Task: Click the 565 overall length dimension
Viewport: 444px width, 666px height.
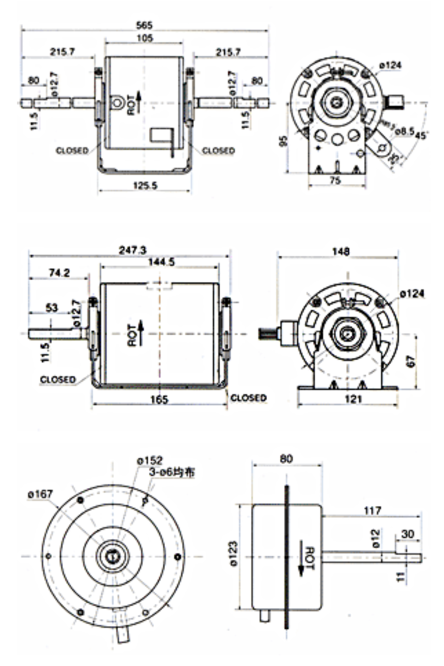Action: [144, 25]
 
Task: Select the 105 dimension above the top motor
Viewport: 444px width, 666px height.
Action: [144, 38]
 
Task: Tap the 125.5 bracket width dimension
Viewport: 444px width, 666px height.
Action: [145, 185]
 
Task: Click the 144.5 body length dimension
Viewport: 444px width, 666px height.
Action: [161, 262]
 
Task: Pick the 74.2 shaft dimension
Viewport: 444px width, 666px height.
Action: [59, 273]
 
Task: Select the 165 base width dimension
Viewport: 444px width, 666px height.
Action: [159, 399]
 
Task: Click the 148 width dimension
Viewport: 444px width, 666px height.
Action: [341, 251]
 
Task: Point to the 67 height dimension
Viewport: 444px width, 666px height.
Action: [411, 361]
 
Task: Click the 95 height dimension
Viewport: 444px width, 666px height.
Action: [284, 141]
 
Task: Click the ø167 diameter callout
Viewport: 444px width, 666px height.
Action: [40, 494]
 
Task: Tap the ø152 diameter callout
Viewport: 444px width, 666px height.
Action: [149, 460]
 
